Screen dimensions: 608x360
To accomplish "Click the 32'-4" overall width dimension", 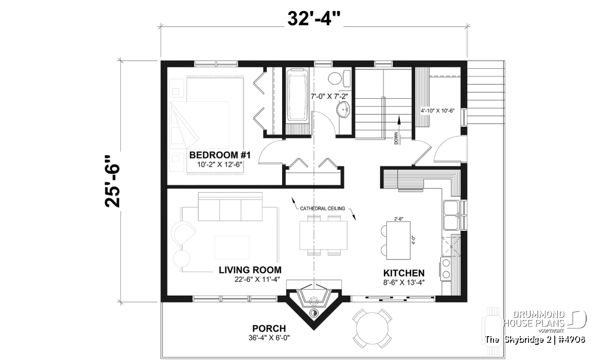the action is (x=314, y=19).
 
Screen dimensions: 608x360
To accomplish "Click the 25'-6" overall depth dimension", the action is (x=112, y=181).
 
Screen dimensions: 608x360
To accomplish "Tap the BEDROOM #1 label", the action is (x=220, y=155).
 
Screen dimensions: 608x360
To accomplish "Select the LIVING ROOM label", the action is (x=250, y=270).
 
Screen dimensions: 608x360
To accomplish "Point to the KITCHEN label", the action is (x=404, y=273).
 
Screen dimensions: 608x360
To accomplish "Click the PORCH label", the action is (x=269, y=329).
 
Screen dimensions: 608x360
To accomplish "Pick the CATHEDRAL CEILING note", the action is (x=322, y=208).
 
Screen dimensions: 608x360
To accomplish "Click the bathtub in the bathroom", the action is (x=298, y=95).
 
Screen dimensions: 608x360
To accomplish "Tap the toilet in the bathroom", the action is (x=339, y=78).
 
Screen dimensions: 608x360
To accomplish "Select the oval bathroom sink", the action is (x=344, y=110).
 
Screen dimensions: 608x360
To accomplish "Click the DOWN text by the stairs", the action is (x=396, y=138).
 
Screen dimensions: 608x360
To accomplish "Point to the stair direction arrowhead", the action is (x=399, y=120).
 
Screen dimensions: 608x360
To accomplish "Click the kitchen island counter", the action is (x=398, y=241).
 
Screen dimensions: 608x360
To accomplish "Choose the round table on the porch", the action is (x=372, y=328).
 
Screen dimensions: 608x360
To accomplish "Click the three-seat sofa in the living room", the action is (x=230, y=207).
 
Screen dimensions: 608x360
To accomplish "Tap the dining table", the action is (x=323, y=235).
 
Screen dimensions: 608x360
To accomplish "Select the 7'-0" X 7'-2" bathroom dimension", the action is (x=329, y=96).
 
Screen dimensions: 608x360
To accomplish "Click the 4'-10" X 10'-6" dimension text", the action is (x=438, y=111).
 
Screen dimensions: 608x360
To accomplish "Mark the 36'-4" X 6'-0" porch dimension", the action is (x=269, y=338).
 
